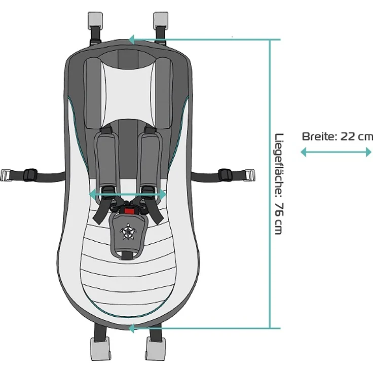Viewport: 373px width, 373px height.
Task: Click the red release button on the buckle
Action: tap(129, 211)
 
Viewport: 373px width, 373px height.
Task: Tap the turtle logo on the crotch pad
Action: tap(128, 231)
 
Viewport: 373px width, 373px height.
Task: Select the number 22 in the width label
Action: tap(348, 137)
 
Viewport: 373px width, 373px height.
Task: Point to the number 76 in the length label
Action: tap(279, 210)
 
